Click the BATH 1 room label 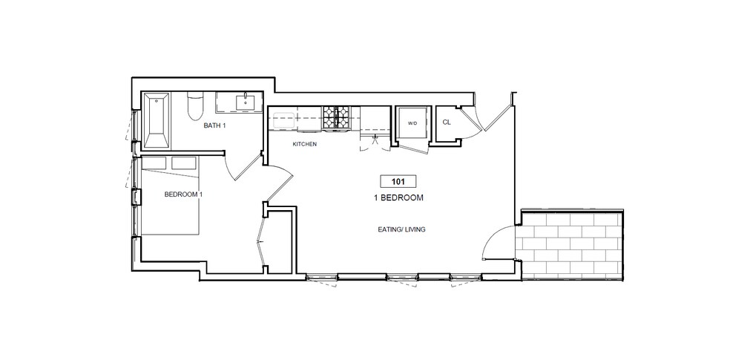click(x=215, y=126)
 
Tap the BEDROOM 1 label click(x=183, y=194)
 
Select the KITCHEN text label click(x=305, y=144)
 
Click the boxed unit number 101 click(x=398, y=181)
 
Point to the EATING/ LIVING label click(x=401, y=229)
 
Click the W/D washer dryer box click(x=411, y=122)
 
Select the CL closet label click(x=447, y=122)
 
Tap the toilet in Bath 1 click(x=195, y=107)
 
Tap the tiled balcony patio click(x=569, y=245)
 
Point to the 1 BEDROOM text click(x=398, y=198)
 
